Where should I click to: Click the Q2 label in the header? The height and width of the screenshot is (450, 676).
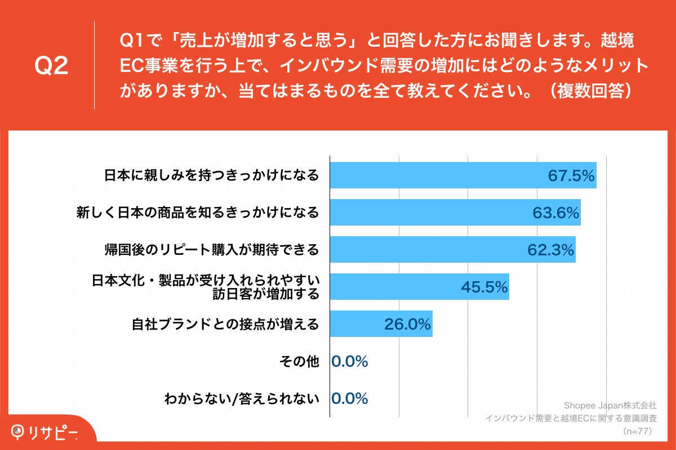51,66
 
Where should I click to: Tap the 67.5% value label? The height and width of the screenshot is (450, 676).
571,176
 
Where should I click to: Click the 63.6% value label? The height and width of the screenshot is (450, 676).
556,213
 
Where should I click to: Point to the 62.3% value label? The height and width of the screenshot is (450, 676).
551,250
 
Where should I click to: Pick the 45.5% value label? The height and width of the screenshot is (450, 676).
484,287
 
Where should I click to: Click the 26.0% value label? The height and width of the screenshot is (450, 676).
407,324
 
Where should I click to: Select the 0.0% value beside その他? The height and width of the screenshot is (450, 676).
349,362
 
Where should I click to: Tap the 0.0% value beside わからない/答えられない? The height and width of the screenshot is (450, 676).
349,399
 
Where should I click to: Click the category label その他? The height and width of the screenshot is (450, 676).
299,362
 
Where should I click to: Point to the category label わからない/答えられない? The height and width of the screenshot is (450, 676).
242,399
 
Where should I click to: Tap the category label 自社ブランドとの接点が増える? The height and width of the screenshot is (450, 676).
225,324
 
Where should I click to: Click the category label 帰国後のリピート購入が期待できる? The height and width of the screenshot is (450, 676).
212,250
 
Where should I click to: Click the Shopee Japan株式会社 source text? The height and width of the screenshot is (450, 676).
610,405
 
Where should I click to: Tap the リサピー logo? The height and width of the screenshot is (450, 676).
45,432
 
